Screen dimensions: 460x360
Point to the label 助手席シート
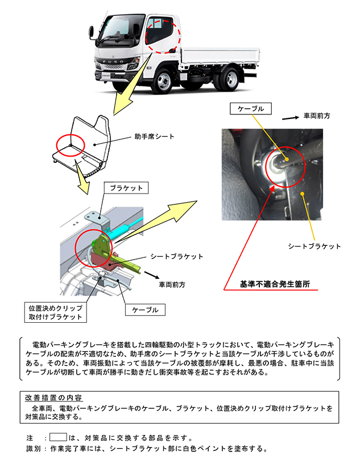[x=155, y=137]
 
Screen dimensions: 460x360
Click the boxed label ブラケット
[x=126, y=187]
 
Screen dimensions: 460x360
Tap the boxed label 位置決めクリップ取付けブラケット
[x=55, y=313]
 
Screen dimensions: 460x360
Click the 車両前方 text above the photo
[x=317, y=116]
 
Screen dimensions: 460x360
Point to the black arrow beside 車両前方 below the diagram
[x=150, y=273]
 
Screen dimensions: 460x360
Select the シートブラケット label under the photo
[x=315, y=247]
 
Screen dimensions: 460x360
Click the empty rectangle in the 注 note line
[x=57, y=438]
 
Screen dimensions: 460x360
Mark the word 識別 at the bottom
[x=34, y=449]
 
